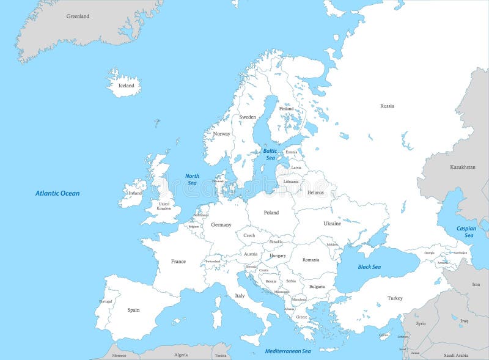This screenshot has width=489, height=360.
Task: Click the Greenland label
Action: (x=78, y=16)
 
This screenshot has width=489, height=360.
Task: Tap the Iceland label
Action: (x=126, y=86)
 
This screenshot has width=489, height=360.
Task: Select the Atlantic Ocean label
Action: (x=57, y=193)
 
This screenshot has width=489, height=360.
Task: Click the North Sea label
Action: (x=192, y=179)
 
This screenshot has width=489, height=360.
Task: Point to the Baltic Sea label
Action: (x=270, y=154)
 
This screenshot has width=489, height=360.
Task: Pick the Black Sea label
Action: (x=369, y=266)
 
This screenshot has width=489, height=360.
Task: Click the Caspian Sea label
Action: (x=466, y=232)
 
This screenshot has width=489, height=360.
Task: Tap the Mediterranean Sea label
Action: (x=288, y=351)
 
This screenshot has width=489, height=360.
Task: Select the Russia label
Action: (x=387, y=106)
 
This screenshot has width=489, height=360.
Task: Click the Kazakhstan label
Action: (x=463, y=167)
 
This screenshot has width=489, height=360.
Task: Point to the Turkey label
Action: (x=395, y=298)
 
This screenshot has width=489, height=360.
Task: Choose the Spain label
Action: (x=133, y=310)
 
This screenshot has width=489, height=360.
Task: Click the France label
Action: (x=178, y=262)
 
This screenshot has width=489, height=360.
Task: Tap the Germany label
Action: (x=221, y=224)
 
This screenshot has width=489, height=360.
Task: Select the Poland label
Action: (x=271, y=213)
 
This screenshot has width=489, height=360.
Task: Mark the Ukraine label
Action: (x=332, y=224)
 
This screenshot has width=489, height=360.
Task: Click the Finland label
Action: (x=286, y=109)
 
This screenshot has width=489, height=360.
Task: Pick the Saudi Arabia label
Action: (x=455, y=355)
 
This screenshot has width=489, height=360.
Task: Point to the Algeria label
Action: (x=181, y=354)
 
